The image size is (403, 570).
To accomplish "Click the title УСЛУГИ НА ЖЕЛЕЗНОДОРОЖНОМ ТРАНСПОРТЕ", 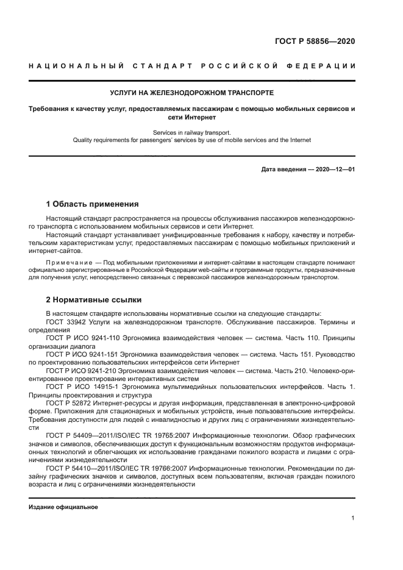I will (x=192, y=93).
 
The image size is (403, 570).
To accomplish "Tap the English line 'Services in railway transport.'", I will (x=192, y=131).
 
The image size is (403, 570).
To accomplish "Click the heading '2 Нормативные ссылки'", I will (x=94, y=300).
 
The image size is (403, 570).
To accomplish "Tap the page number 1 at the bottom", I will (x=353, y=518).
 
